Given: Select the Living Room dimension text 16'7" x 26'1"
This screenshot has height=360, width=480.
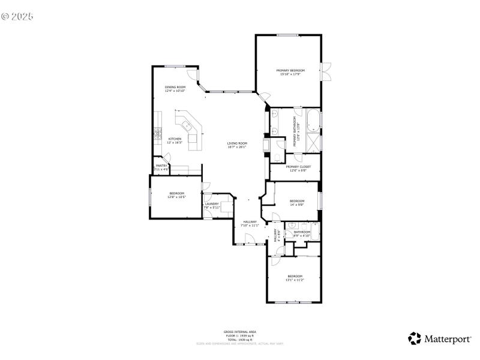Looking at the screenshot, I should coord(237,147).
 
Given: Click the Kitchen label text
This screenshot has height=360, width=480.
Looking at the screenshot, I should coord(174,139).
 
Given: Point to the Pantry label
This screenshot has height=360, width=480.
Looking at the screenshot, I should coord(161,166).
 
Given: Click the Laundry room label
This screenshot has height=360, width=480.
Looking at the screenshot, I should coord(211,203).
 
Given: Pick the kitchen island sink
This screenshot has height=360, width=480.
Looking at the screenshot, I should coord(187,126).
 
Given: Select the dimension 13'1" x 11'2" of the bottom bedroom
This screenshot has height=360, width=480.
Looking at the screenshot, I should coord(295,280).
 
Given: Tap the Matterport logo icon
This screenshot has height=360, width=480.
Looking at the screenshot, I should coord(415,338).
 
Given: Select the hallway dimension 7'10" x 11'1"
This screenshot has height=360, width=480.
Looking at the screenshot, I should coord(250,226).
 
